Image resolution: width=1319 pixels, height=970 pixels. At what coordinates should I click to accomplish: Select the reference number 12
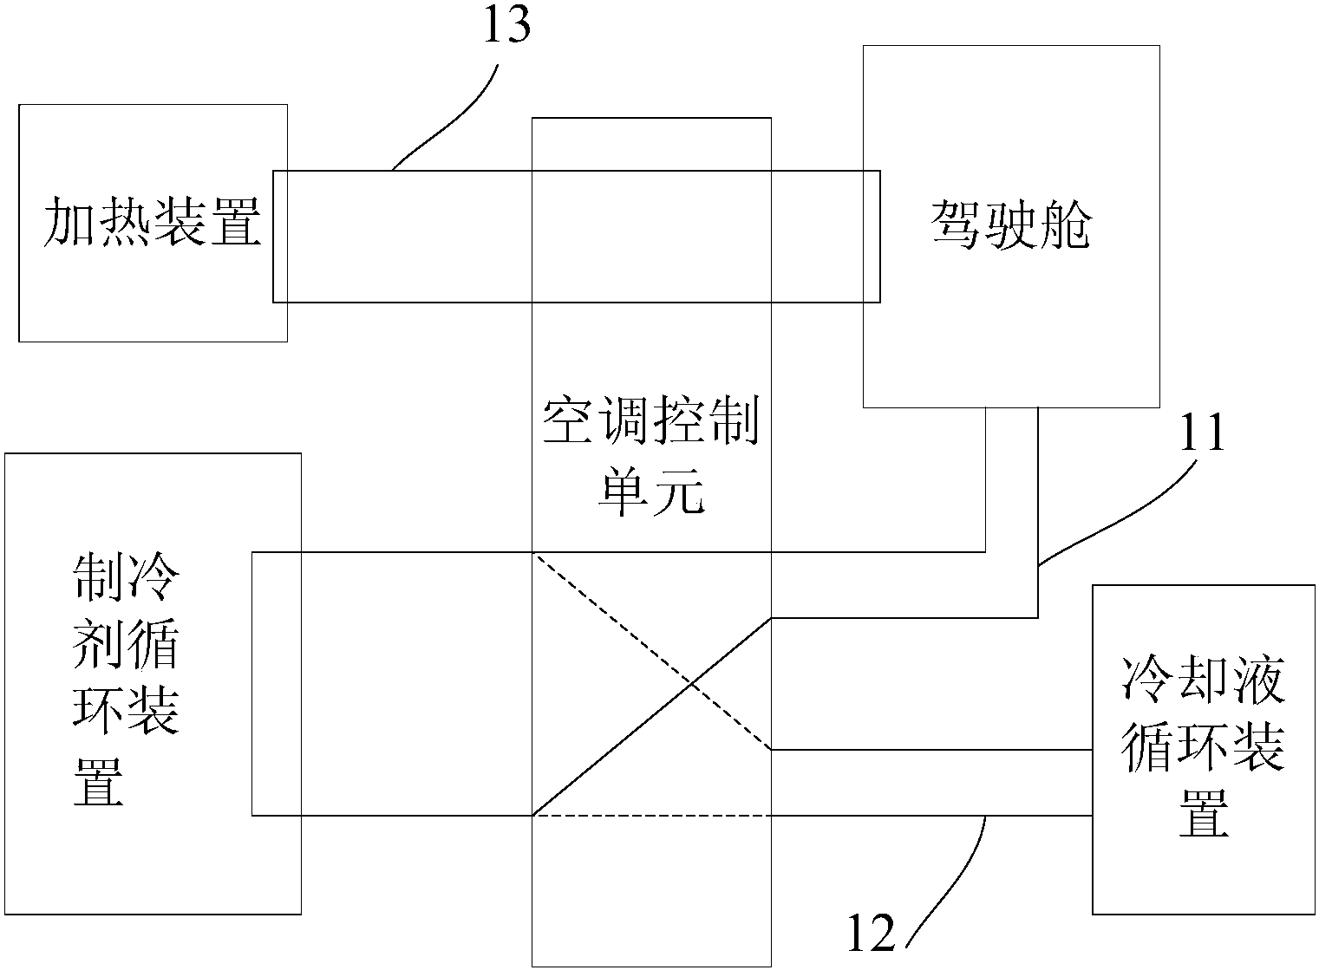pos(870,934)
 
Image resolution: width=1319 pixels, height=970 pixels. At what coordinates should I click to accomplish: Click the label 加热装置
pos(153,222)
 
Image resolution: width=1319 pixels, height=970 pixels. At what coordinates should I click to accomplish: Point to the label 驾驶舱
pos(1011,225)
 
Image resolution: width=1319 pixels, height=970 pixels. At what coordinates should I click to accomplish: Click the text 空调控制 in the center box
pos(651,424)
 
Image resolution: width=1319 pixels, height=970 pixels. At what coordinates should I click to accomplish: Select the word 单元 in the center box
pos(651,494)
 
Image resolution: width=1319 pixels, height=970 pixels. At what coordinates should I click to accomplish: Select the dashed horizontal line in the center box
pos(650,816)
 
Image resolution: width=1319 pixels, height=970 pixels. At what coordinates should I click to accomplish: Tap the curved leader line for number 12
pos(954,876)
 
